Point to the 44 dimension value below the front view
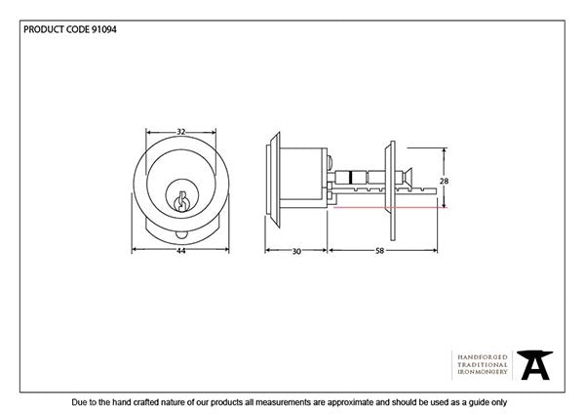point(180,251)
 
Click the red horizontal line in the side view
point(390,207)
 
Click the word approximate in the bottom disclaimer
point(343,402)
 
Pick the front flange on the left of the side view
point(272,184)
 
